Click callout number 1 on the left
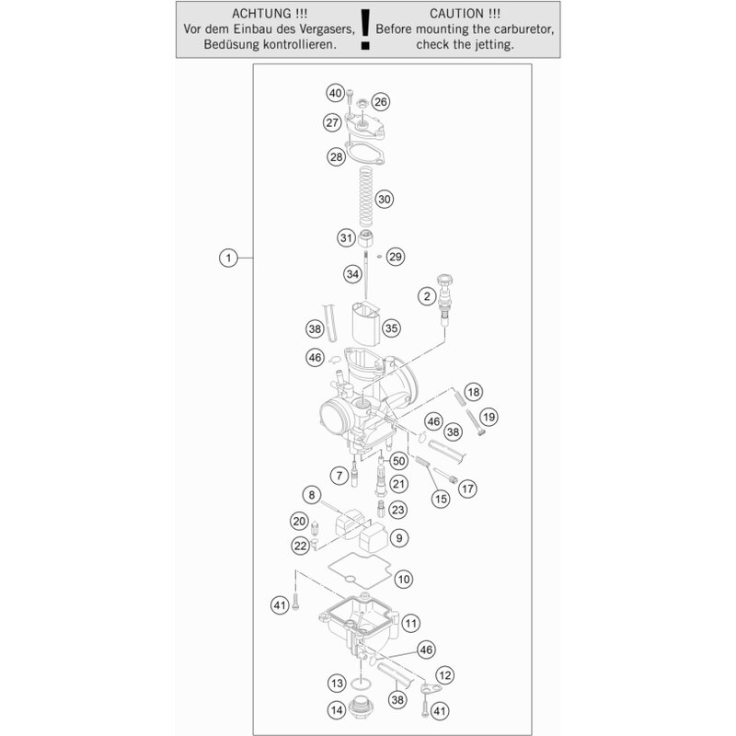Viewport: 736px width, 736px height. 228,258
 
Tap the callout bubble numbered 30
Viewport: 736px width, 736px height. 384,199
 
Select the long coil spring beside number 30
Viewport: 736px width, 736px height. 365,197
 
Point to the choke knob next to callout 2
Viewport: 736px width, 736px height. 444,298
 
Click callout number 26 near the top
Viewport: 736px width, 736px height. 381,102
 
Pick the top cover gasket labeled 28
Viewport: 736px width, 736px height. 364,153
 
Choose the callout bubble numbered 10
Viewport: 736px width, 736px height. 404,580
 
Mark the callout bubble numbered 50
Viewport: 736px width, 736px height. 399,461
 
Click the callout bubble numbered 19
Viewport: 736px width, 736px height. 489,417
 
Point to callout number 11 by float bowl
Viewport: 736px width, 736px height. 410,624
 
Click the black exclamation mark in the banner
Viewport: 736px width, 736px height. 365,29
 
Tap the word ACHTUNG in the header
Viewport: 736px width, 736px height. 261,14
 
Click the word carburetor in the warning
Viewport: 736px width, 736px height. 520,29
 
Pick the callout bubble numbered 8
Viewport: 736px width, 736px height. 312,495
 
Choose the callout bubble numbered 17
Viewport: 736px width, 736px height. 467,489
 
